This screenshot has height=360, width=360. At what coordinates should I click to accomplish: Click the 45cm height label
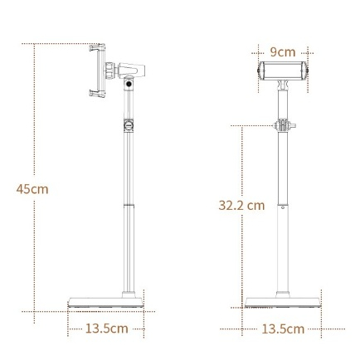32,189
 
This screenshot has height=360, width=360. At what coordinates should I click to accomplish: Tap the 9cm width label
283,52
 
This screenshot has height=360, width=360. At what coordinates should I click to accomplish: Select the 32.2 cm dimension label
241,205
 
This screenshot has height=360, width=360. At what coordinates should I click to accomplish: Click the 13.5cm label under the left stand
106,328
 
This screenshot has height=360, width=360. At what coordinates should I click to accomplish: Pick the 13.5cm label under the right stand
283,329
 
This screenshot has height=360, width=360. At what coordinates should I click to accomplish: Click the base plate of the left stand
106,302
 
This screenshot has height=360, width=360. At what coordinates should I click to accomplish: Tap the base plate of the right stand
283,302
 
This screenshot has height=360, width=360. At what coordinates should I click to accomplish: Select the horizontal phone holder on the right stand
283,71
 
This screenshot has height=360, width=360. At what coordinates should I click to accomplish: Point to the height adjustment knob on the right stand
284,125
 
